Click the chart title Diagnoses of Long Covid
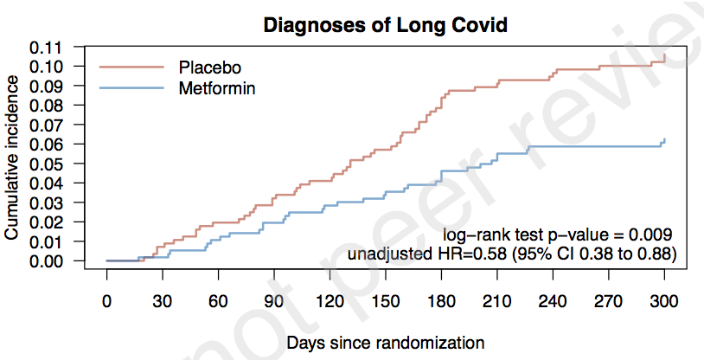[x=385, y=26]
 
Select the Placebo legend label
[x=209, y=67]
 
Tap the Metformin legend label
[x=217, y=88]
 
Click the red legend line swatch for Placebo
[x=131, y=67]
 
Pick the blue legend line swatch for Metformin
[x=131, y=88]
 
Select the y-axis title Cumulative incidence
[x=13, y=157]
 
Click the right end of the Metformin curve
[x=664, y=139]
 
